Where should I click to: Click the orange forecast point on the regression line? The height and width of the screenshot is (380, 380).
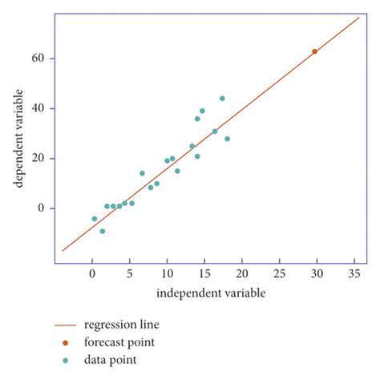pyautogui.click(x=314, y=51)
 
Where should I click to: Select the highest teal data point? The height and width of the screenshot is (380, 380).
pyautogui.click(x=222, y=99)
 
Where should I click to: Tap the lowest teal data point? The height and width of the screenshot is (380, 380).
pyautogui.click(x=102, y=231)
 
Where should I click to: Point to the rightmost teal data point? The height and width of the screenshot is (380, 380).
pyautogui.click(x=227, y=139)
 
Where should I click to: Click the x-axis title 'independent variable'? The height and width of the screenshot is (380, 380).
pyautogui.click(x=210, y=293)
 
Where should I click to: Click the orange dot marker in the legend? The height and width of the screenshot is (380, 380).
pyautogui.click(x=66, y=342)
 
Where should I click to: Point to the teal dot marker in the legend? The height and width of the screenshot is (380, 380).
pyautogui.click(x=66, y=360)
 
